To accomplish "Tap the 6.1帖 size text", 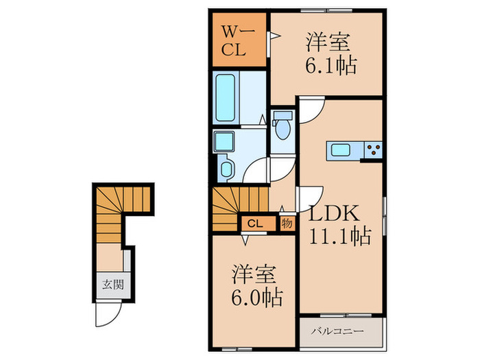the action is [331, 65].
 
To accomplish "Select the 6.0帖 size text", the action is [256, 297].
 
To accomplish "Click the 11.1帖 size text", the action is [340, 236].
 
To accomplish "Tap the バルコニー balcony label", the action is [337, 331].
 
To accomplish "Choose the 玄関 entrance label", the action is [113, 285].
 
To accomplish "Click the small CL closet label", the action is [255, 224].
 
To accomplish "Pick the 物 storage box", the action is [287, 224].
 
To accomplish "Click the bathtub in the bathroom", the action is [226, 98].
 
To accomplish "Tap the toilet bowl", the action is [283, 128].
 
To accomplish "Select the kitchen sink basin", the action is [341, 150].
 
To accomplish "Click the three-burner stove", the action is [373, 150].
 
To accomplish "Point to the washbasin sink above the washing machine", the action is [224, 141].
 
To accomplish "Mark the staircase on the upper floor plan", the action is [240, 208].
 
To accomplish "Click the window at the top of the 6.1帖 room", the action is [326, 11].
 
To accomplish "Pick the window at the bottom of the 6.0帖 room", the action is [237, 348].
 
